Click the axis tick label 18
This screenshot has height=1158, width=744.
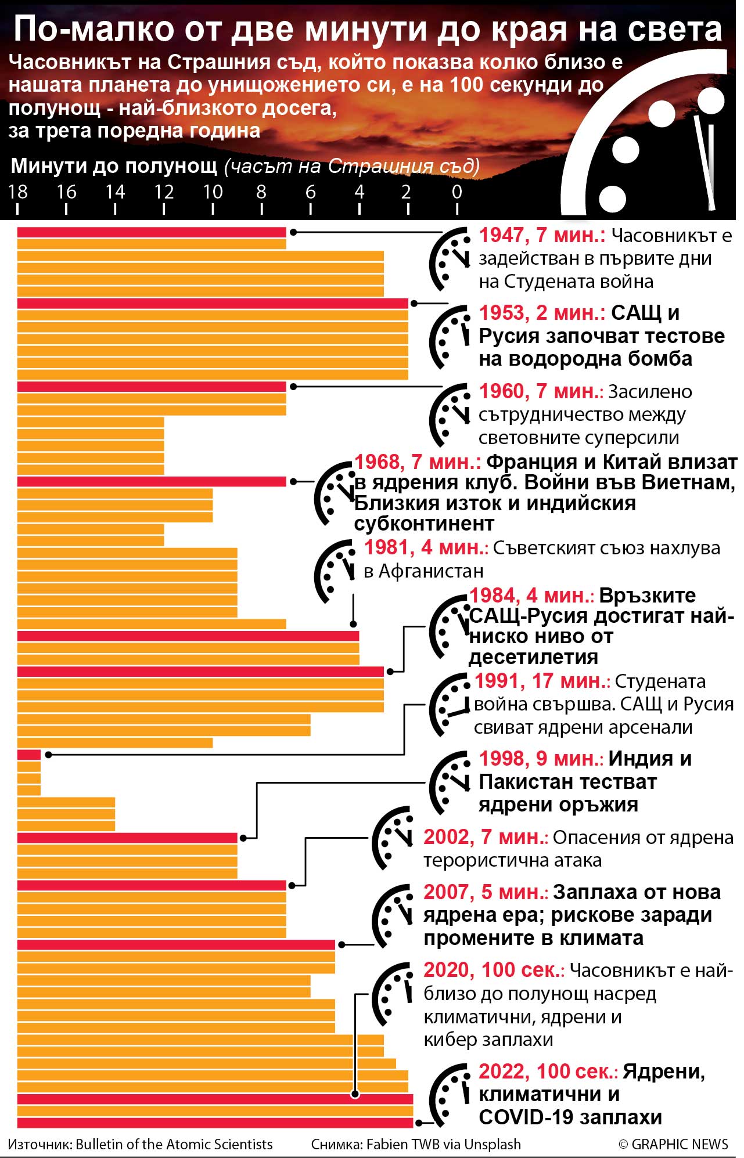pyautogui.click(x=17, y=192)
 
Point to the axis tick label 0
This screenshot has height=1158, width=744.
pyautogui.click(x=457, y=192)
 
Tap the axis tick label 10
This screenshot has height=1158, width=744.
pyautogui.click(x=213, y=192)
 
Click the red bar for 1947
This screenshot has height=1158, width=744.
pyautogui.click(x=151, y=232)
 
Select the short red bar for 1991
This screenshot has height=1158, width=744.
pyautogui.click(x=28, y=755)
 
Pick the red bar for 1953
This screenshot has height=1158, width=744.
pyautogui.click(x=212, y=304)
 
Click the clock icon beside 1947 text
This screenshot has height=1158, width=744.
pyautogui.click(x=450, y=259)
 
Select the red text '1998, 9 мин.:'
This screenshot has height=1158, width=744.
pyautogui.click(x=541, y=759)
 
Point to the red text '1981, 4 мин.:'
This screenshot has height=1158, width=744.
pyautogui.click(x=426, y=547)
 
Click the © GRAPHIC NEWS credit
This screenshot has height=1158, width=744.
pyautogui.click(x=673, y=1144)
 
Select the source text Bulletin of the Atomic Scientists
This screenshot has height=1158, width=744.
pyautogui.click(x=174, y=1144)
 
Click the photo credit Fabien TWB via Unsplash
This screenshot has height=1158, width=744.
pyautogui.click(x=443, y=1144)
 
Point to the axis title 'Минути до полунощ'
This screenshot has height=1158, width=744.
pyautogui.click(x=114, y=166)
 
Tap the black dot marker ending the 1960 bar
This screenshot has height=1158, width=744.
pyautogui.click(x=293, y=386)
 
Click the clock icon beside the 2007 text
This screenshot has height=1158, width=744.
pyautogui.click(x=393, y=915)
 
